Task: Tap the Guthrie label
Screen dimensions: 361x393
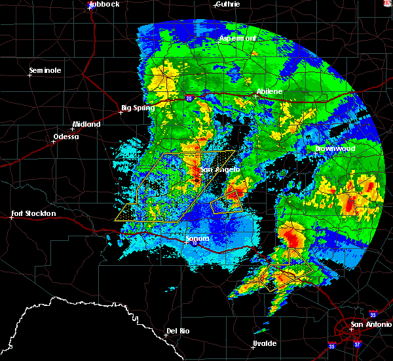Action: pos(228,4)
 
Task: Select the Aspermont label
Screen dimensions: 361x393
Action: pos(237,38)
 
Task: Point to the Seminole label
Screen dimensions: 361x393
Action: pos(45,70)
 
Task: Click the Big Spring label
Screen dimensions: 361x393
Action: pos(138,108)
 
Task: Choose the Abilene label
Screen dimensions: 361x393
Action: pos(269,92)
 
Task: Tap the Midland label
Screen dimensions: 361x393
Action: pos(86,124)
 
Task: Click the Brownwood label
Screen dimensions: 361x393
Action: pos(335,148)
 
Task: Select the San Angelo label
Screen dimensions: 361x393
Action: pos(216,170)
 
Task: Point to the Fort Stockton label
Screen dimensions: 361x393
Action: pos(33,213)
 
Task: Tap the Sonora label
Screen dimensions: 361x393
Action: pos(196,238)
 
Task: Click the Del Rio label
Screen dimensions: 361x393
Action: pos(178,331)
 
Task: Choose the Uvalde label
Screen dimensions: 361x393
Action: pos(264,344)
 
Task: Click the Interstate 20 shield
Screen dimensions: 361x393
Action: pos(189,98)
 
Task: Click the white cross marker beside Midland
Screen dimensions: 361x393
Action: pos(72,129)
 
